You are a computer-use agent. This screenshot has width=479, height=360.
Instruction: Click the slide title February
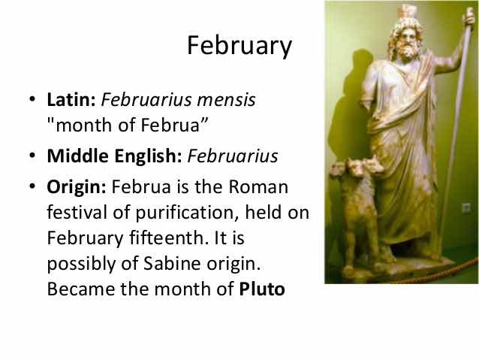(x=239, y=46)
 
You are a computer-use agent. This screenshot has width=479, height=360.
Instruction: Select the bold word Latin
(x=71, y=99)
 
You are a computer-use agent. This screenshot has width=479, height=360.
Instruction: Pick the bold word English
(x=149, y=156)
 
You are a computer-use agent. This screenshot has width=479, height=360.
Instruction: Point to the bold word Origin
(x=77, y=187)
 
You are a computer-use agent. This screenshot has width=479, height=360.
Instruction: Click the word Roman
(x=258, y=186)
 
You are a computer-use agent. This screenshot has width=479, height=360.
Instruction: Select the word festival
(x=77, y=212)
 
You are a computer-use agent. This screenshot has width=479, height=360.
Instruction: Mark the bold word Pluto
(x=262, y=289)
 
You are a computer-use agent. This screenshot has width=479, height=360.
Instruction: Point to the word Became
(x=80, y=289)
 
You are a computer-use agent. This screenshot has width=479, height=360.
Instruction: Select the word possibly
(x=81, y=265)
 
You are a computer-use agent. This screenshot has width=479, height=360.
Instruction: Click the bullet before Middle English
(x=32, y=156)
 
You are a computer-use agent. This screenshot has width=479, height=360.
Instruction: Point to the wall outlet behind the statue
(x=466, y=208)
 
